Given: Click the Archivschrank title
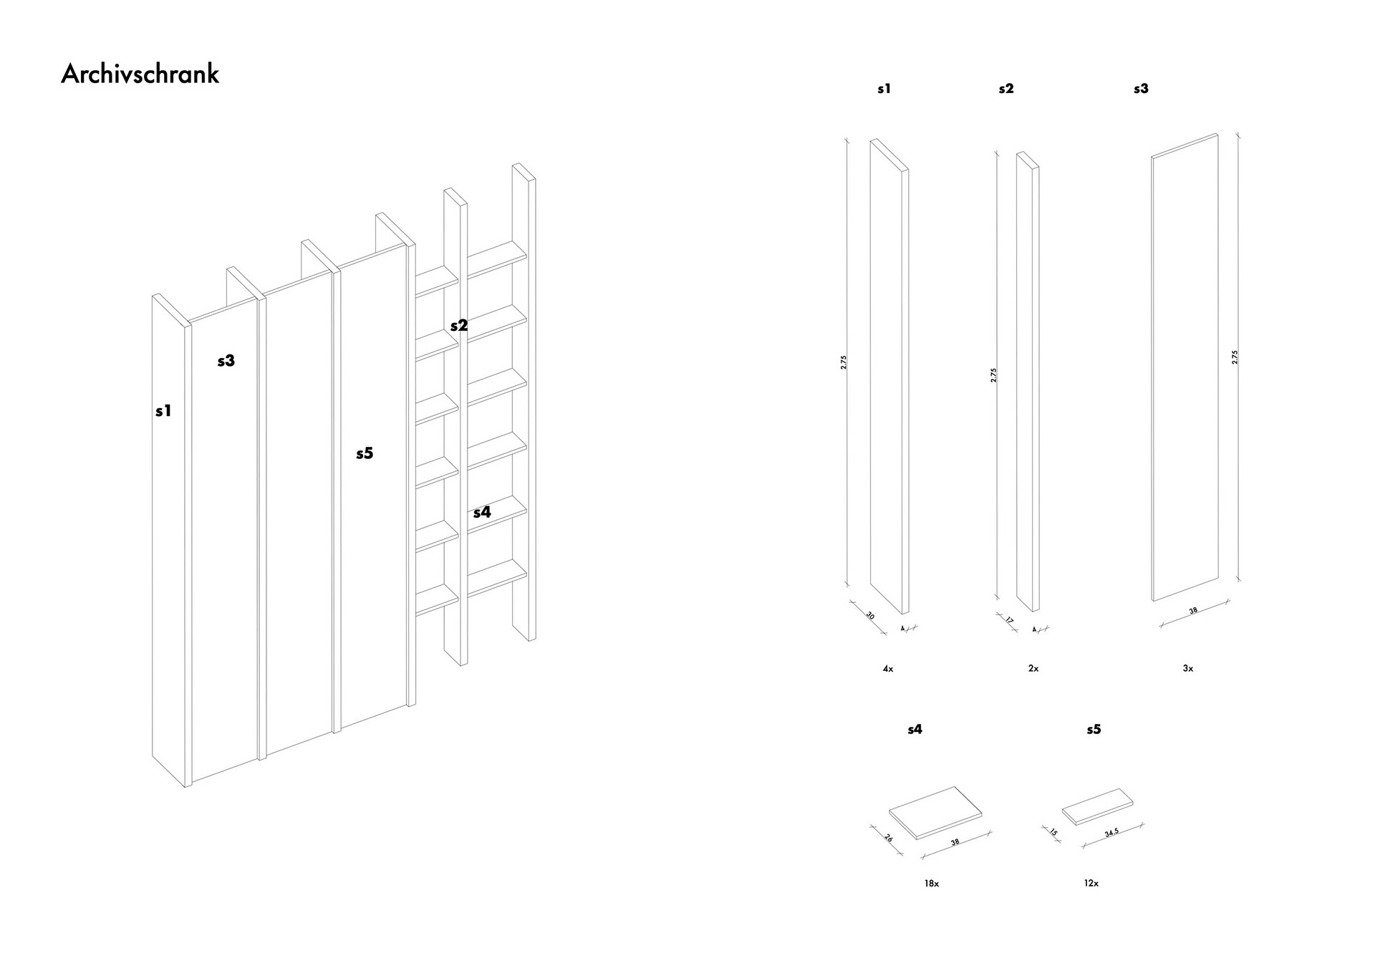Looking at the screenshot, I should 140,74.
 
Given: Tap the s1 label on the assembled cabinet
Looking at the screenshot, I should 163,411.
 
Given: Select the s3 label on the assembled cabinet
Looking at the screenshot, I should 226,361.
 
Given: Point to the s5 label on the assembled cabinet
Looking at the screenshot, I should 365,453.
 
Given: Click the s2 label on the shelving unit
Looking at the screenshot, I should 459,325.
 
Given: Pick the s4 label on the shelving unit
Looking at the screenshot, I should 482,512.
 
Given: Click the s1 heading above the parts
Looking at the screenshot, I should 884,89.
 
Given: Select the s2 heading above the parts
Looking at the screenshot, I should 1006,89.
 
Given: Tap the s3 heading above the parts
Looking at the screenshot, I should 1141,89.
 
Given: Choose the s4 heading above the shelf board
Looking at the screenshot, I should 915,729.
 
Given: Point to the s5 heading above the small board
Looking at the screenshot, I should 1094,729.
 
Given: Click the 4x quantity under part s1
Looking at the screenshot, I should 888,669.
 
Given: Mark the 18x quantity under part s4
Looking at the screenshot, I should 931,884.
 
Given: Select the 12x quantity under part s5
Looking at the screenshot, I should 1091,884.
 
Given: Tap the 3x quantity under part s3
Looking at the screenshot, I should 1188,669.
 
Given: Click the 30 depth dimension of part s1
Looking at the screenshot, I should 870,615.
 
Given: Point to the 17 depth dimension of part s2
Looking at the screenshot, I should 1010,620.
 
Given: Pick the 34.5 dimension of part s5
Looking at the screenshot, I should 1111,832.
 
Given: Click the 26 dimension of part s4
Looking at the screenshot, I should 889,837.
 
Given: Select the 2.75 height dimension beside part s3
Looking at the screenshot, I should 1235,357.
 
